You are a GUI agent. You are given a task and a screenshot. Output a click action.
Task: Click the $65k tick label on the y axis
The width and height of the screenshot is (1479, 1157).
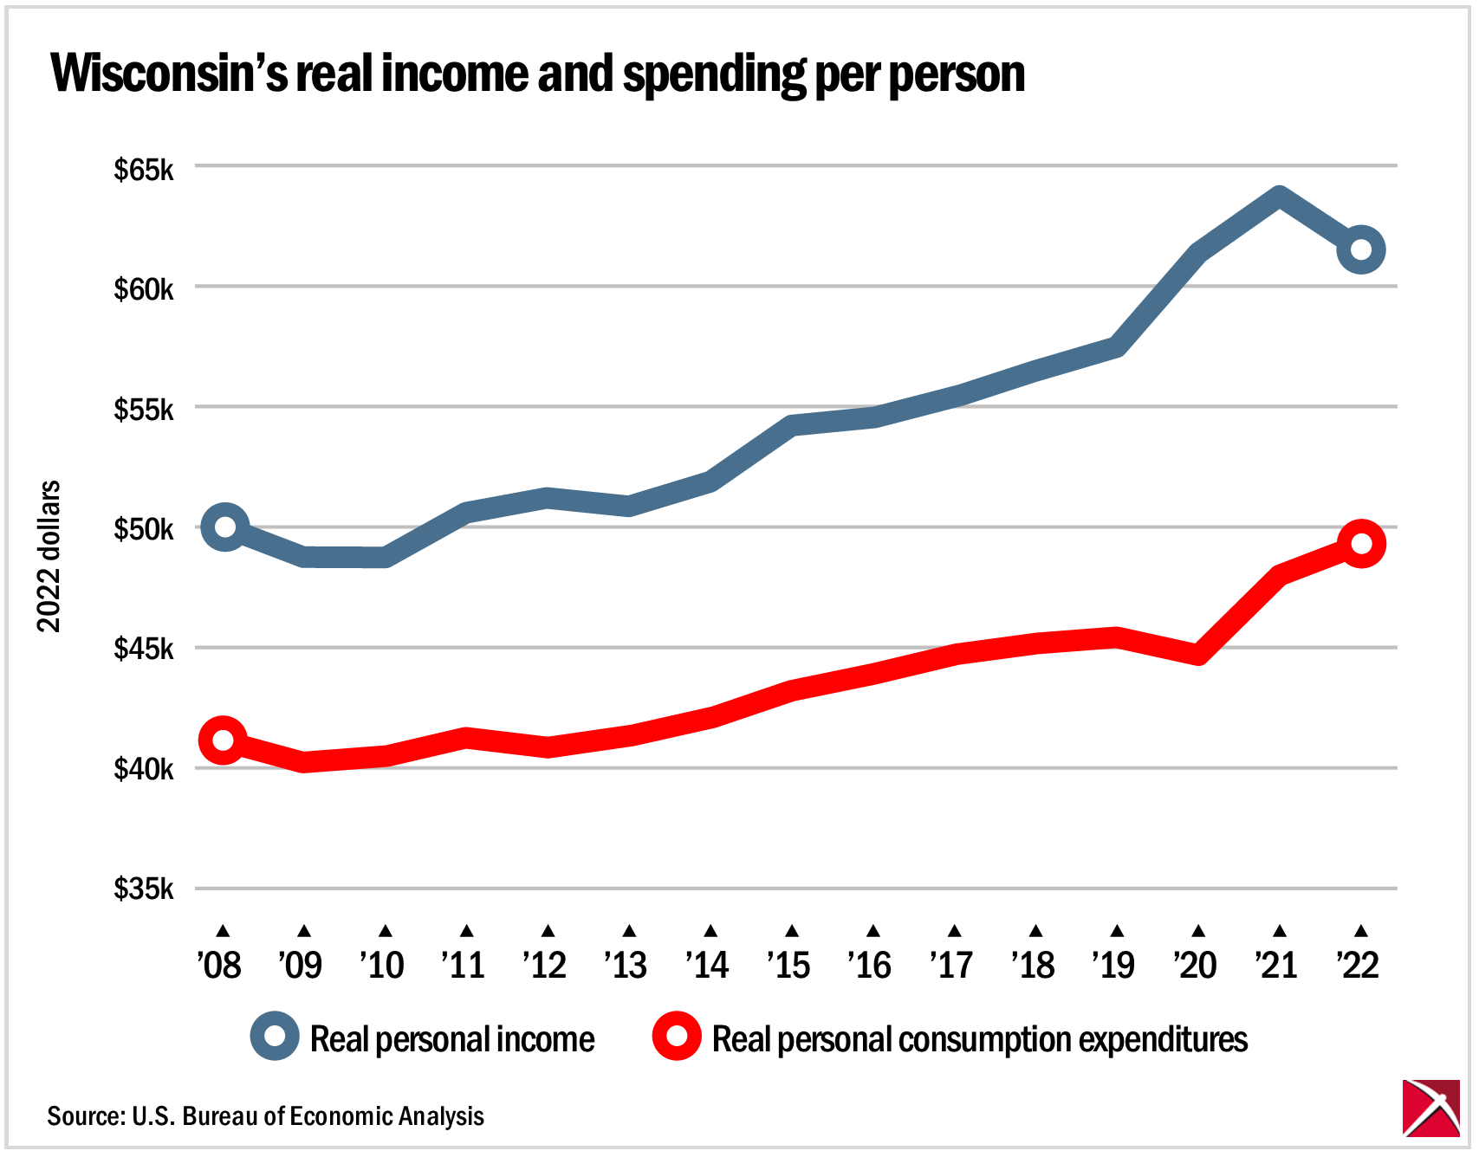point(144,170)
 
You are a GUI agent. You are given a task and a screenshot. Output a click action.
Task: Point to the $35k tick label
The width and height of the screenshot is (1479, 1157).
point(144,889)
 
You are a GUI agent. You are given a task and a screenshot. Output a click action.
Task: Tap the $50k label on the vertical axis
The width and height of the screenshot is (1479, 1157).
point(144,529)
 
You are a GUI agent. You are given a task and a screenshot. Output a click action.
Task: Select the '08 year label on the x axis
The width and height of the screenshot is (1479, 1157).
point(220,965)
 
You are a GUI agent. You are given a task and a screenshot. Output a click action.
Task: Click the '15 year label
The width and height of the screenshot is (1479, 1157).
point(789,965)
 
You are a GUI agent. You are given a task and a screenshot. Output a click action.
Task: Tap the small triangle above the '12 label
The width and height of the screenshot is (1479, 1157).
point(548,931)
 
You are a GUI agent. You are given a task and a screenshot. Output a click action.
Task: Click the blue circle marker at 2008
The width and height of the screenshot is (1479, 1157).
point(224,527)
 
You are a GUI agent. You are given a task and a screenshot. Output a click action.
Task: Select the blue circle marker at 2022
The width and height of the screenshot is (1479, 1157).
point(1360,250)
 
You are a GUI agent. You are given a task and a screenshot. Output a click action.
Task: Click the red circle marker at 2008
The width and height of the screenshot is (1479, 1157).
point(223,740)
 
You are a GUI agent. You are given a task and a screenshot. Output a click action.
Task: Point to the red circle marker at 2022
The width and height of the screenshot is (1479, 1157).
point(1360,544)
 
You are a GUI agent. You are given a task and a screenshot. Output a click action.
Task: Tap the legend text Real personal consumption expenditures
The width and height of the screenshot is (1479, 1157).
point(979,1039)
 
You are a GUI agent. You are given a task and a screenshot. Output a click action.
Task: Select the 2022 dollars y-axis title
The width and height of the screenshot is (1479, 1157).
point(49,556)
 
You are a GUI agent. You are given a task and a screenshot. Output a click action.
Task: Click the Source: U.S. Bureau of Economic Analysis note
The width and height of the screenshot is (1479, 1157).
point(265,1116)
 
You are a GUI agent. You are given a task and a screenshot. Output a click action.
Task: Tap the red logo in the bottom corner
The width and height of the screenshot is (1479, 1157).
point(1430,1108)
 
